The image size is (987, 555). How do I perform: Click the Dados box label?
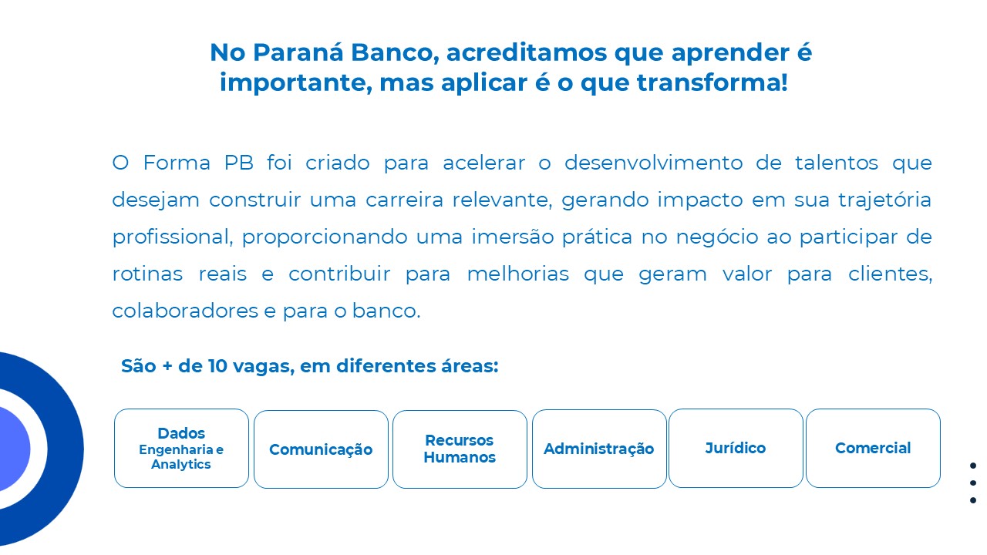(x=181, y=433)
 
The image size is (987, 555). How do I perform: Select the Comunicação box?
(x=321, y=449)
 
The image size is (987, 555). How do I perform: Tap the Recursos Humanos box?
(x=460, y=449)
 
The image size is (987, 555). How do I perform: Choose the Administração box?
(x=599, y=449)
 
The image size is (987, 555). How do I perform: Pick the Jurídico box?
(x=736, y=449)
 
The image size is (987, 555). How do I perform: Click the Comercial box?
(x=874, y=449)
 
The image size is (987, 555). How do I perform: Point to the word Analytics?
(x=181, y=465)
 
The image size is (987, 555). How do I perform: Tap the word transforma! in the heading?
(x=712, y=82)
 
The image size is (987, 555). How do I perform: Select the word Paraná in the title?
(x=298, y=52)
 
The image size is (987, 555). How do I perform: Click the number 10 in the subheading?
(x=217, y=366)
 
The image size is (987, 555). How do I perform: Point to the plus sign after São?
(x=167, y=366)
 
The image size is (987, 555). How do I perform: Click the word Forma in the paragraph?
(x=177, y=163)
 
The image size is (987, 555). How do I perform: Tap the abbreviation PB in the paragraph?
(x=239, y=163)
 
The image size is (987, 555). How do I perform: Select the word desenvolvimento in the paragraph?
(x=653, y=163)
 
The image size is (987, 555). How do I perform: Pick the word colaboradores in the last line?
(x=185, y=311)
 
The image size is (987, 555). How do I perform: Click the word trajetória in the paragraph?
(x=884, y=200)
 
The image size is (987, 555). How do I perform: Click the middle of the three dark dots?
(x=973, y=483)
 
